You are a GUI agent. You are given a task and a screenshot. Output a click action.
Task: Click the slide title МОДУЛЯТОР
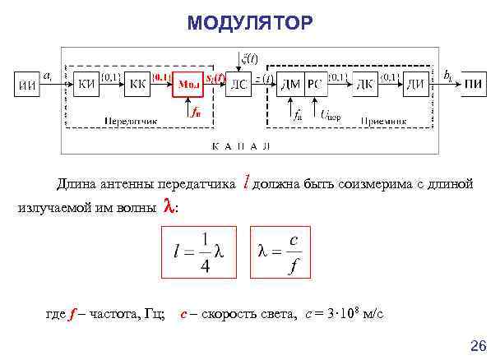coord(249,25)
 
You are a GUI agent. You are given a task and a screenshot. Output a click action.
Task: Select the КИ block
coord(88,84)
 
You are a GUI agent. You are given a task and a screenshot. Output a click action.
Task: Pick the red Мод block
coord(190,84)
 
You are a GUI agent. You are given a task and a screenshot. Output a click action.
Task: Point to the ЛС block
coord(238,84)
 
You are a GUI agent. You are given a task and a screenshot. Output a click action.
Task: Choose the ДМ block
coord(290,84)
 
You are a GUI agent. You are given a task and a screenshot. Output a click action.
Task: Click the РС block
coord(315,84)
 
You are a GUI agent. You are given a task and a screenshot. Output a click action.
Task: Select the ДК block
coord(366,84)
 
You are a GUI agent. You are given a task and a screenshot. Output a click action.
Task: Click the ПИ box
coord(473,85)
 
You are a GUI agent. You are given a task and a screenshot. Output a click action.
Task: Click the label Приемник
coord(383,121)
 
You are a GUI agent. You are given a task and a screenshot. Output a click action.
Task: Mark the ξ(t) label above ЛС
coord(248,58)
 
